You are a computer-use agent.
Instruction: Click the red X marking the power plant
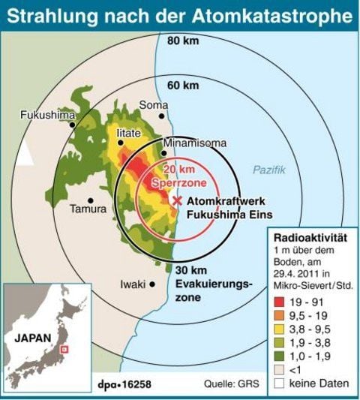point(178,201)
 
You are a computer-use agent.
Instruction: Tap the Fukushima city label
point(47,115)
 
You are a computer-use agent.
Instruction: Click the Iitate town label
point(128,133)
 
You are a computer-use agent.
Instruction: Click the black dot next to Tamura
point(90,200)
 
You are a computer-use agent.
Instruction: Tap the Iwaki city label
point(133,284)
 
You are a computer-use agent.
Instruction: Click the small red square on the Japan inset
point(63,348)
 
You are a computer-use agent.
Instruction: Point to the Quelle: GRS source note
point(229,384)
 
